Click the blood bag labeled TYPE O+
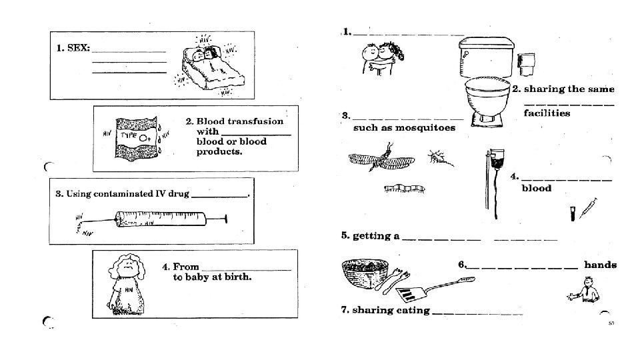[137, 138]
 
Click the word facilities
[547, 113]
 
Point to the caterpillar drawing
[405, 190]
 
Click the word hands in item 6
[600, 265]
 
